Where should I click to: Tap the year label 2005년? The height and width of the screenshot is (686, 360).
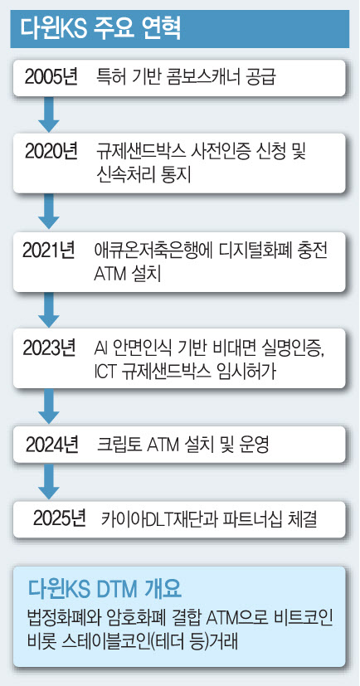pyautogui.click(x=51, y=78)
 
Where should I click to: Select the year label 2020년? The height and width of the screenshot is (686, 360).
pyautogui.click(x=51, y=151)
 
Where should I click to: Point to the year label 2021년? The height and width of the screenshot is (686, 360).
pyautogui.click(x=49, y=250)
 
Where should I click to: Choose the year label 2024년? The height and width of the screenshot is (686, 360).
pyautogui.click(x=52, y=445)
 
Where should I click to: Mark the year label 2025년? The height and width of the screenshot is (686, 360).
pyautogui.click(x=59, y=519)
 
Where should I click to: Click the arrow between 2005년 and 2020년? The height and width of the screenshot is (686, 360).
pyautogui.click(x=49, y=114)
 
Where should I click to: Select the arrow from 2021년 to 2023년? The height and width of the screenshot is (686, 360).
pyautogui.click(x=49, y=309)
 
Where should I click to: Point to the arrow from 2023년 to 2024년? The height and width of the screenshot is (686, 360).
pyautogui.click(x=49, y=407)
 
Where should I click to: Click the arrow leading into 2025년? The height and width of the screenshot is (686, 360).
pyautogui.click(x=49, y=481)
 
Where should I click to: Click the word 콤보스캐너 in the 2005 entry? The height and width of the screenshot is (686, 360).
pyautogui.click(x=192, y=78)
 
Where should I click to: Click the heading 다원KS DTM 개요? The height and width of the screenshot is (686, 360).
pyautogui.click(x=105, y=589)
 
